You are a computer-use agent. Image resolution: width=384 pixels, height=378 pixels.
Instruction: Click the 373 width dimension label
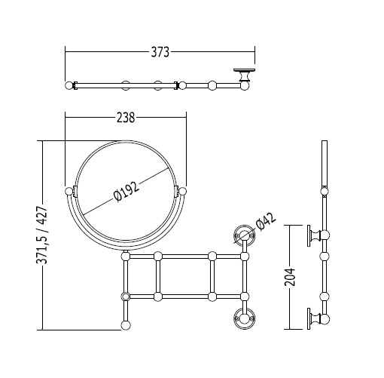[x=160, y=52]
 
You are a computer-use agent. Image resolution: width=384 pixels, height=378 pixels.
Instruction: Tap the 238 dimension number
[x=126, y=118]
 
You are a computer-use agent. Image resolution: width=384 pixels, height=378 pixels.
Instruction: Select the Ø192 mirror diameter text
[x=126, y=192]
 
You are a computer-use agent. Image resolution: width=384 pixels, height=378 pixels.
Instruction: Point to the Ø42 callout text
[x=266, y=221]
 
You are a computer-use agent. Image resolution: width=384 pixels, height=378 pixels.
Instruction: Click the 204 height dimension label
[x=290, y=277]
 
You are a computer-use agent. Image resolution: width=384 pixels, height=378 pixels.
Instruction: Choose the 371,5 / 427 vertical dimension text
[x=41, y=235]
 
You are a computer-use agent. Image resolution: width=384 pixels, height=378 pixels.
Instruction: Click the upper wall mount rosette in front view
[x=244, y=235]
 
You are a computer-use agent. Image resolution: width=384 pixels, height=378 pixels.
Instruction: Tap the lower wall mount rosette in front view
[x=244, y=318]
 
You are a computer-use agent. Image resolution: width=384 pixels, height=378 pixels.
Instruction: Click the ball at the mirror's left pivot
[x=69, y=192]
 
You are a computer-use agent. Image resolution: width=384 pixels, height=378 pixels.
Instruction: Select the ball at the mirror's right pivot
[x=182, y=192]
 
